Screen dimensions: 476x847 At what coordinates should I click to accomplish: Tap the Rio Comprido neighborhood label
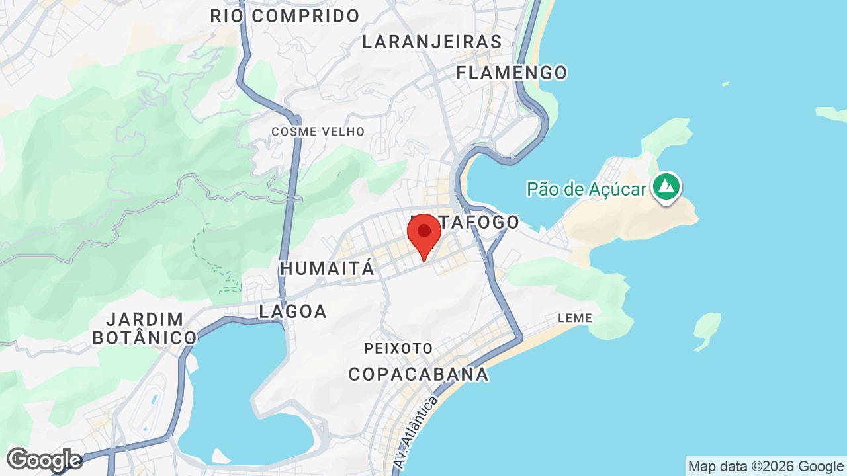(x=285, y=16)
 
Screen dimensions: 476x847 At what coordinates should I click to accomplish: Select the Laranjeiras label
(x=432, y=42)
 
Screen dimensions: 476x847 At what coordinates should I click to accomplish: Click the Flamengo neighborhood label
(x=512, y=73)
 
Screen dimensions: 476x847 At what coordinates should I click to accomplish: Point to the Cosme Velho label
(x=318, y=132)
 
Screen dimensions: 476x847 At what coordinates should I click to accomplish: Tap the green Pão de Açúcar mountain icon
(x=666, y=186)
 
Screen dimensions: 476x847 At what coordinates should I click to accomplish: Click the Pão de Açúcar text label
(x=586, y=190)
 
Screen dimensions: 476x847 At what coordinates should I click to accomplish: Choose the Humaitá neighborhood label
(x=327, y=268)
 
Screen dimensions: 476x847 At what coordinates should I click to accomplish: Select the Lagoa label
(x=292, y=311)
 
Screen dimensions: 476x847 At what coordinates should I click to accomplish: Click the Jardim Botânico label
(x=144, y=329)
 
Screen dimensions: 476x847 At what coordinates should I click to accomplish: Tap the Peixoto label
(x=398, y=348)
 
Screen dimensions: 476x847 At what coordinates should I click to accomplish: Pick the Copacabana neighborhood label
(x=418, y=374)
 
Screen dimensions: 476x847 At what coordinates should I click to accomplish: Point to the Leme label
(x=574, y=318)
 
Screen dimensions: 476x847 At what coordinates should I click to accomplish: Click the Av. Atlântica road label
(x=416, y=433)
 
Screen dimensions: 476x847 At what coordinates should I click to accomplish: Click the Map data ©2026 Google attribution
(x=766, y=466)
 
